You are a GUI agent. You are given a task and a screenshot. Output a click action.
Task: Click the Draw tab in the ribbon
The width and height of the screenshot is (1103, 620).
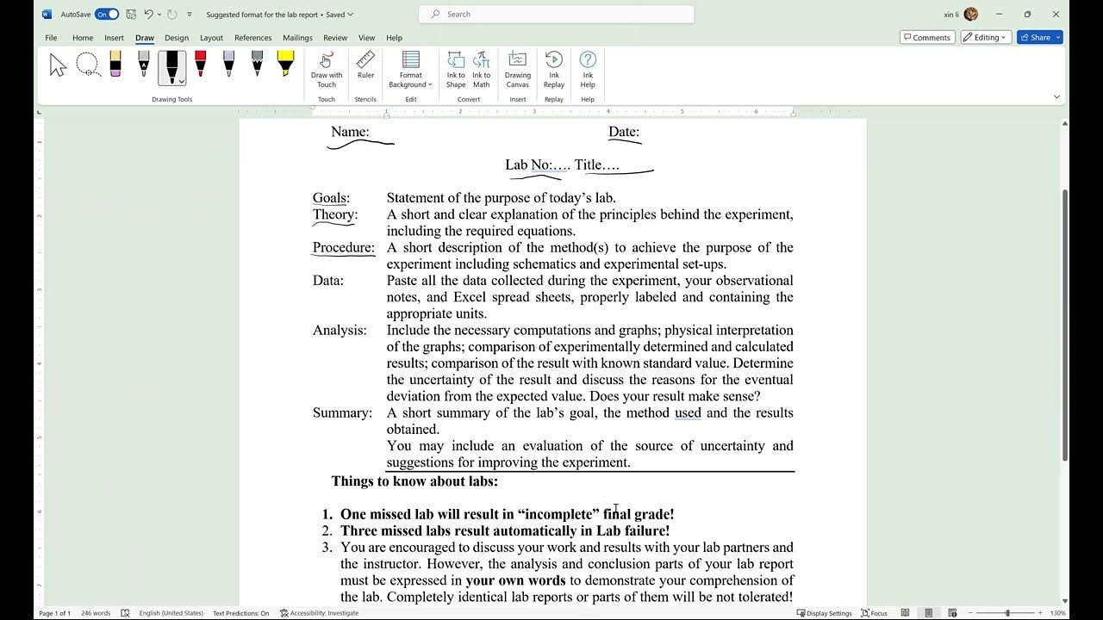click(x=144, y=38)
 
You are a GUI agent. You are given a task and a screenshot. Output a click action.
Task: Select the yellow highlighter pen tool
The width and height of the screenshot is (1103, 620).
click(x=285, y=65)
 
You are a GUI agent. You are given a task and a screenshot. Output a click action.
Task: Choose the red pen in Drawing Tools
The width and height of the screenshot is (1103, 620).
click(x=200, y=65)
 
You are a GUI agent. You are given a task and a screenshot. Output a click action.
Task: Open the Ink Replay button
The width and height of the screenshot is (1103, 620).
click(x=554, y=68)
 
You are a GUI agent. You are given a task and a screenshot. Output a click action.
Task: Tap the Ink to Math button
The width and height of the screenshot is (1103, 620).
click(x=481, y=68)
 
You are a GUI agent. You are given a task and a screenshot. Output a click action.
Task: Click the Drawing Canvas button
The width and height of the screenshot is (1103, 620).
click(x=517, y=68)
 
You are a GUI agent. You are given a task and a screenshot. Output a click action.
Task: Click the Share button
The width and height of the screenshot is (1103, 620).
click(x=1039, y=38)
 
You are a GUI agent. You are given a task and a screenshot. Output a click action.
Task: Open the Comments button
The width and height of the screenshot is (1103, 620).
click(x=926, y=38)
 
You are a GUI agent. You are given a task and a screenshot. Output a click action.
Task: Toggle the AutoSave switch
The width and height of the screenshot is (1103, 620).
click(x=107, y=14)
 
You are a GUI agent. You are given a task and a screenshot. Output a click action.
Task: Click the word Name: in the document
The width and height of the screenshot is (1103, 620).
click(x=350, y=132)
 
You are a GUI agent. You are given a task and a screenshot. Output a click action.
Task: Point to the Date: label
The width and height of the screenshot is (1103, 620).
click(x=624, y=132)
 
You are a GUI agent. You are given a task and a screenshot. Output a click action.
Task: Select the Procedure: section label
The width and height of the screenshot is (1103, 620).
click(x=343, y=248)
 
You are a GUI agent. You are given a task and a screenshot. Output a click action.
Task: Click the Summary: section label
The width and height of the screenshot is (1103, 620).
click(x=342, y=413)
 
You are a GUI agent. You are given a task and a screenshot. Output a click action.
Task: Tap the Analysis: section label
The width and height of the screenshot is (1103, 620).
click(x=340, y=331)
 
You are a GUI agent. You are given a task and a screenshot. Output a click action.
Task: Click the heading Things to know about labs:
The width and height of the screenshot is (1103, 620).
click(x=414, y=481)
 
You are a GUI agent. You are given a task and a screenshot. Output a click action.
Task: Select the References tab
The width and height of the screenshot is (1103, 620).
click(x=252, y=38)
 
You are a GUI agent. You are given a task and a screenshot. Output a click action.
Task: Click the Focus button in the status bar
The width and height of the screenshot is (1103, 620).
click(x=874, y=613)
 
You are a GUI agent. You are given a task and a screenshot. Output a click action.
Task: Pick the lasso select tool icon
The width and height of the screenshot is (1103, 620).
click(x=87, y=65)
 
